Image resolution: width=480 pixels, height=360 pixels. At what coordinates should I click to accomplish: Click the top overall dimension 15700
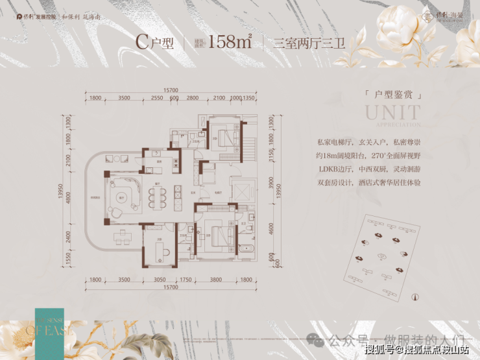point(171,90)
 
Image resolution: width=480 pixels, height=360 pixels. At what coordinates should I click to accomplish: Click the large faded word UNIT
point(392,112)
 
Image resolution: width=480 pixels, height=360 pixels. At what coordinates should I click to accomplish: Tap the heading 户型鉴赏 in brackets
point(394,95)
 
